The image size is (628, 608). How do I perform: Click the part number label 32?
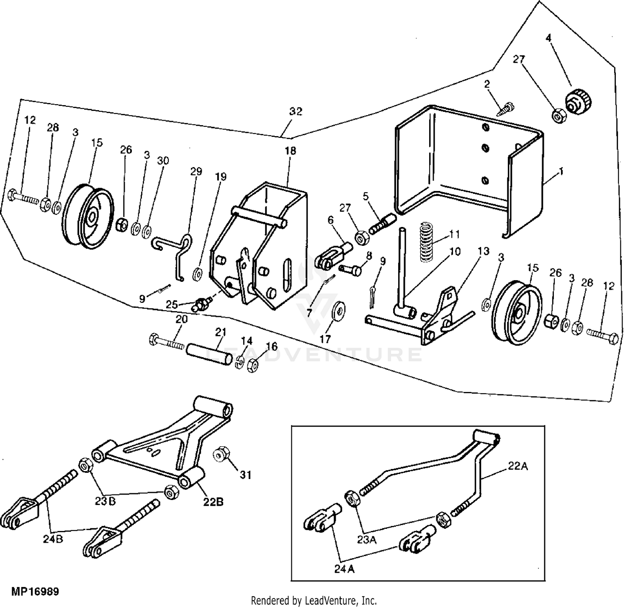tap(296, 112)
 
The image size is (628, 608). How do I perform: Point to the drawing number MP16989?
tap(35, 592)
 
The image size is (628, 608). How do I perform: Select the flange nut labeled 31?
tap(220, 455)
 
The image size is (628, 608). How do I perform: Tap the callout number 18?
tap(290, 150)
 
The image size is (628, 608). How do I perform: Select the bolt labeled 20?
tap(167, 340)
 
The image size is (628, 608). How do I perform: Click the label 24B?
tap(53, 539)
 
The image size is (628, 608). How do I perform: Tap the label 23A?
tap(367, 540)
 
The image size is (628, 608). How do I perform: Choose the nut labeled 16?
tap(252, 366)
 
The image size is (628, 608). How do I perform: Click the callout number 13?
tap(484, 251)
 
